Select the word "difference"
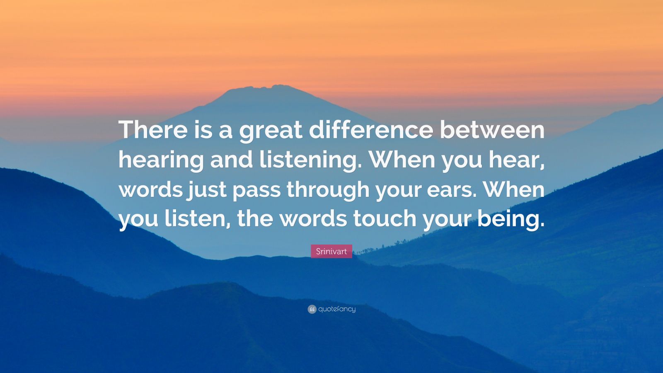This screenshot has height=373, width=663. coord(370,130)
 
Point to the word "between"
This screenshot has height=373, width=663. coord(492,130)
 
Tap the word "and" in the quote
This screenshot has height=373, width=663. coord(231,160)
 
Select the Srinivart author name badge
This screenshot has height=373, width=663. coord(331,251)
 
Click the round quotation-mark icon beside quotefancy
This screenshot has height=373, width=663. coord(312,309)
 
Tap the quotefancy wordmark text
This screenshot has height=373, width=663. coord(337,309)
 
